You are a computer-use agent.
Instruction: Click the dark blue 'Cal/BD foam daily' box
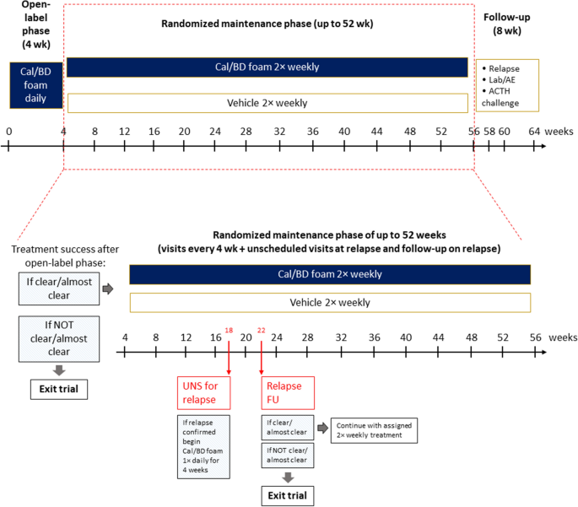click(x=36, y=84)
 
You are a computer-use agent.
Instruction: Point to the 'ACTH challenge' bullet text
click(x=504, y=98)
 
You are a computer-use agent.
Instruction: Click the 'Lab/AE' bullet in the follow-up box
click(x=504, y=80)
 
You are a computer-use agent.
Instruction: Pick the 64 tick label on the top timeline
click(x=535, y=132)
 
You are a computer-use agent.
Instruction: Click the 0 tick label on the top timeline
click(x=8, y=132)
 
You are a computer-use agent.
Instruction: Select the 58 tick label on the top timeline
click(x=489, y=132)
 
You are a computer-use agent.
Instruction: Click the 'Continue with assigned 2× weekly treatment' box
click(x=374, y=430)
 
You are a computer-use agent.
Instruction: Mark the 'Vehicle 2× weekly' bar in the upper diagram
click(x=267, y=103)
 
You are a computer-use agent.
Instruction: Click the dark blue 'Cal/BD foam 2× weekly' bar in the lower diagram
click(x=329, y=274)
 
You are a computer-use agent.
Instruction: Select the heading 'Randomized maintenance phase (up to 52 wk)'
click(x=267, y=24)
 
